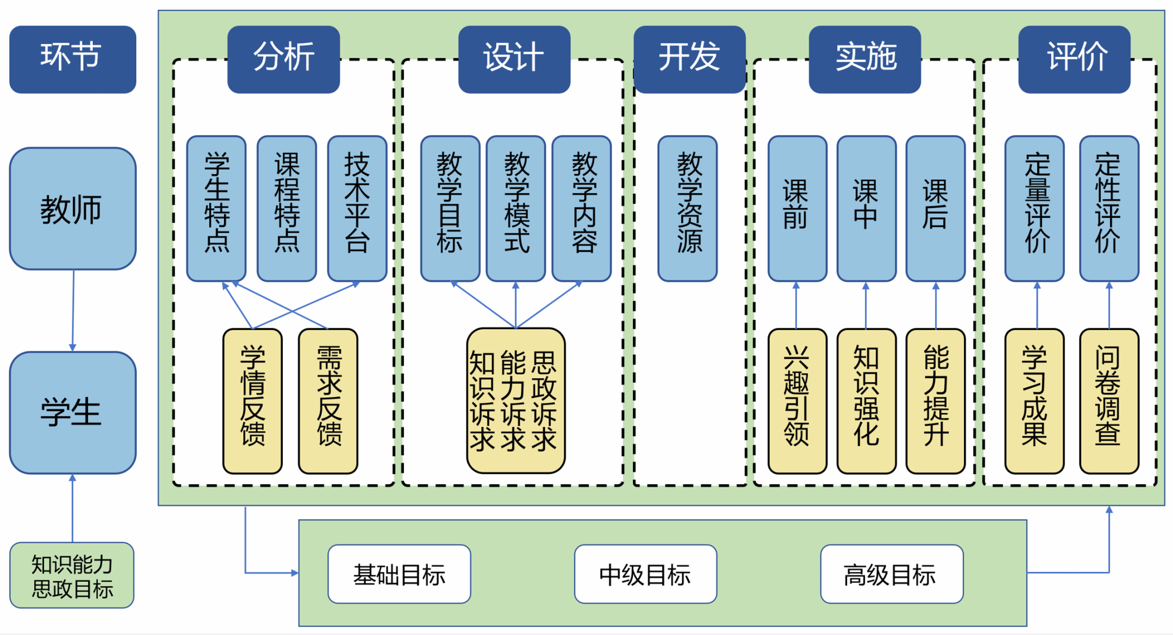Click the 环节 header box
[72, 59]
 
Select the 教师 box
[72, 209]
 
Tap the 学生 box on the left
[72, 413]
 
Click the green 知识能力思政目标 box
[72, 575]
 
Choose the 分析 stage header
[284, 59]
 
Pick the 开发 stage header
[689, 59]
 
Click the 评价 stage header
[1074, 59]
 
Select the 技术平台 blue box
[357, 209]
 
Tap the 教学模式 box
[515, 209]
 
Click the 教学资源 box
[687, 209]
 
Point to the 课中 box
[866, 209]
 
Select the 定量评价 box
[1034, 209]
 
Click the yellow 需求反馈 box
[328, 401]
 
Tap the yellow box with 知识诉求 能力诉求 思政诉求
[515, 401]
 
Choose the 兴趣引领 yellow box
[797, 401]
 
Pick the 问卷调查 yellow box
[1109, 401]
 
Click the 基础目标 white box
[399, 574]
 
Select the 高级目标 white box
[891, 574]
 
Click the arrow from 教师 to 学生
[73, 310]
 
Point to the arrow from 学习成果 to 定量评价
[1037, 305]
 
